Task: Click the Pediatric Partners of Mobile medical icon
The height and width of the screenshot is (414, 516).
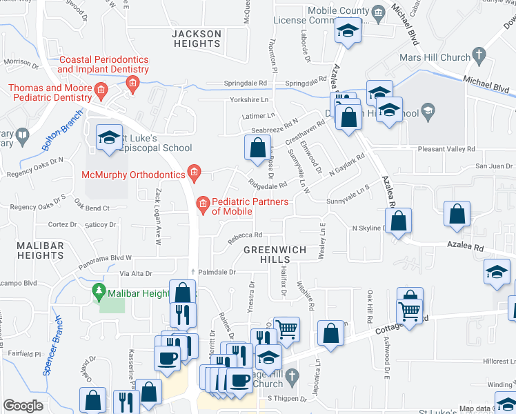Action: point(203,202)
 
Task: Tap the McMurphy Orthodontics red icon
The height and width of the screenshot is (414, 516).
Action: point(195,174)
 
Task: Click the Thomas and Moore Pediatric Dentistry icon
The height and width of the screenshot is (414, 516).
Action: point(100,90)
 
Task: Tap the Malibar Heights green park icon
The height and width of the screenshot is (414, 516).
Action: point(99,293)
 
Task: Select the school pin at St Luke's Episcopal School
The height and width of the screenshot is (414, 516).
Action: point(109,139)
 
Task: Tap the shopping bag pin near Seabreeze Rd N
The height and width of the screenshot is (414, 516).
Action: point(257,148)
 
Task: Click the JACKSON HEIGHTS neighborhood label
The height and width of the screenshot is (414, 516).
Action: point(197,39)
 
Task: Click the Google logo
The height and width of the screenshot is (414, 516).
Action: point(23,406)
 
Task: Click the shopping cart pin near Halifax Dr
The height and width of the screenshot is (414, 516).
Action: point(286,328)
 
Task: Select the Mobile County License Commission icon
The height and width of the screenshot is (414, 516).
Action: point(377,12)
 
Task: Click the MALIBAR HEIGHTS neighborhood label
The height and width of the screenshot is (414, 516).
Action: point(32,250)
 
